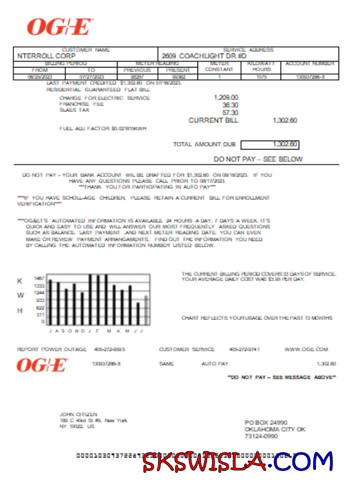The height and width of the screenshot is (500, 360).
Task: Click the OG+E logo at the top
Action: [x=59, y=27]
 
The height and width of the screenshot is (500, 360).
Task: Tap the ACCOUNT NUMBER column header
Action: [x=309, y=63]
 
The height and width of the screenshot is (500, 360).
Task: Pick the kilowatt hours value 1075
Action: [x=262, y=77]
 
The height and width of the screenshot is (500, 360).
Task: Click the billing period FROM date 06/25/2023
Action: [x=39, y=77]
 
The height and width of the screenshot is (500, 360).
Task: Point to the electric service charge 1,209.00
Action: [x=226, y=97]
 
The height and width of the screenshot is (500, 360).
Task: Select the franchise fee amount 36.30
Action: [x=230, y=105]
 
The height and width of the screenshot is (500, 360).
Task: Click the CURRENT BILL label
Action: [x=213, y=120]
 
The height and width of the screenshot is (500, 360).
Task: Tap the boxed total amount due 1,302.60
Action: [x=285, y=144]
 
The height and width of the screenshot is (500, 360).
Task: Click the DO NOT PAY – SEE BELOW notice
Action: [x=258, y=159]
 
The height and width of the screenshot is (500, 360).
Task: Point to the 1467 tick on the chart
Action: [x=39, y=278]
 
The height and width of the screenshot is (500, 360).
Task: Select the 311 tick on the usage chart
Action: [x=40, y=315]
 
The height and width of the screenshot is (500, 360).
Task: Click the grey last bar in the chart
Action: [x=146, y=310]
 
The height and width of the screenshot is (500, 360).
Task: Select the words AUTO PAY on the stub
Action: [x=214, y=363]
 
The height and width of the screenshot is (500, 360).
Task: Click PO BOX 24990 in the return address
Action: [x=266, y=422]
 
